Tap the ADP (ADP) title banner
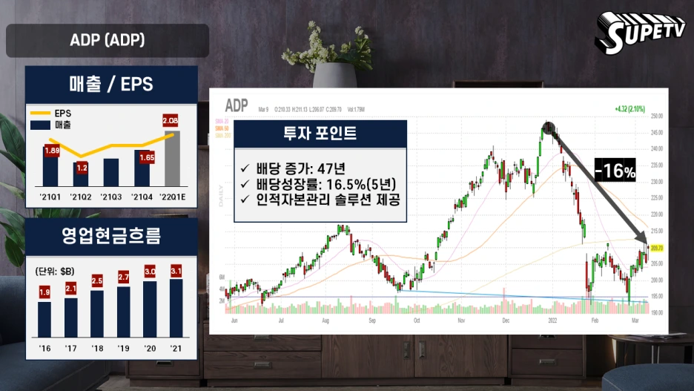pos(108,40)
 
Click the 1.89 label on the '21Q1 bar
pos(51,151)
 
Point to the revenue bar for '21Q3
pos(110,172)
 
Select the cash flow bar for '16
pos(44,318)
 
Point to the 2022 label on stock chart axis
pos(551,321)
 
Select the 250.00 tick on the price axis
pos(657,116)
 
